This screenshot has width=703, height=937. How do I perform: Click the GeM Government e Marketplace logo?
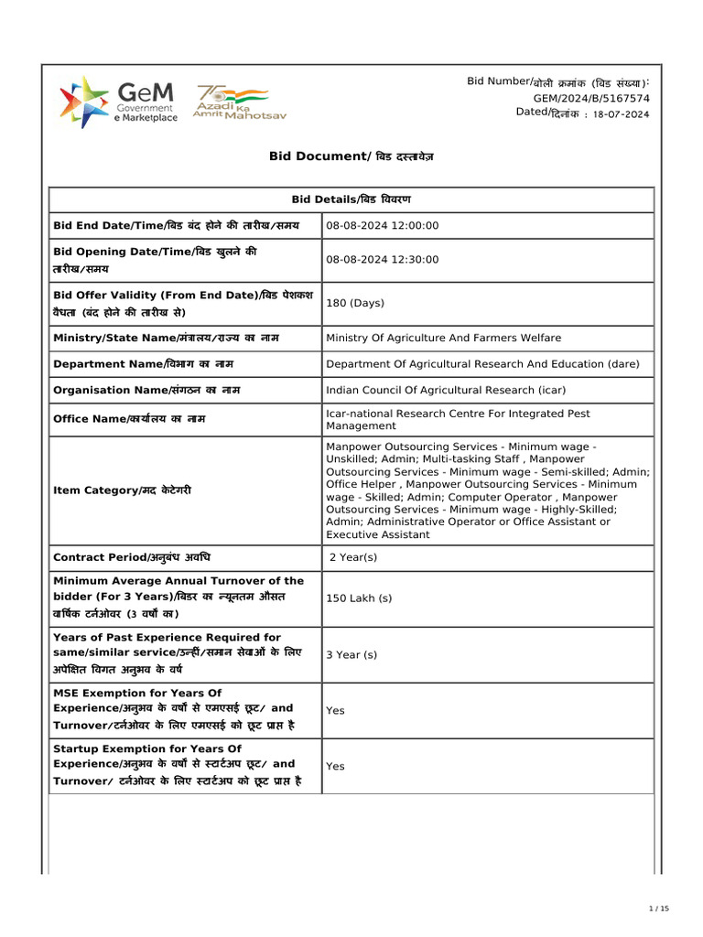click(118, 102)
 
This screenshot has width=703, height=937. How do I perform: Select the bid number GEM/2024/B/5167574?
click(591, 98)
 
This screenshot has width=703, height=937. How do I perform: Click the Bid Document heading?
click(351, 156)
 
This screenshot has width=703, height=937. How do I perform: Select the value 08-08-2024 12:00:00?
click(383, 226)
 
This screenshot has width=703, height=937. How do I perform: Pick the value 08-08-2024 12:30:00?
click(383, 260)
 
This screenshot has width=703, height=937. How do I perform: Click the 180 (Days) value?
click(355, 303)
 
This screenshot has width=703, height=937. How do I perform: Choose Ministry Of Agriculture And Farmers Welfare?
click(444, 339)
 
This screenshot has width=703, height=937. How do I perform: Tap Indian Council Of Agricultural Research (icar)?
click(446, 390)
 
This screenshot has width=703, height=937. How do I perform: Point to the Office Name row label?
click(129, 419)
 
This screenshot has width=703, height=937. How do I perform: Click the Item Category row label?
click(123, 490)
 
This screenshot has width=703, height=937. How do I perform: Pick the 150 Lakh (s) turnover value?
click(359, 598)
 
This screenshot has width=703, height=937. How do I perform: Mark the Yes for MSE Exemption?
click(336, 710)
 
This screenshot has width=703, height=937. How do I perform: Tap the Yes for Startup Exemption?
click(336, 766)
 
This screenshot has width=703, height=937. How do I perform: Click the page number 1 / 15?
click(659, 909)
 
